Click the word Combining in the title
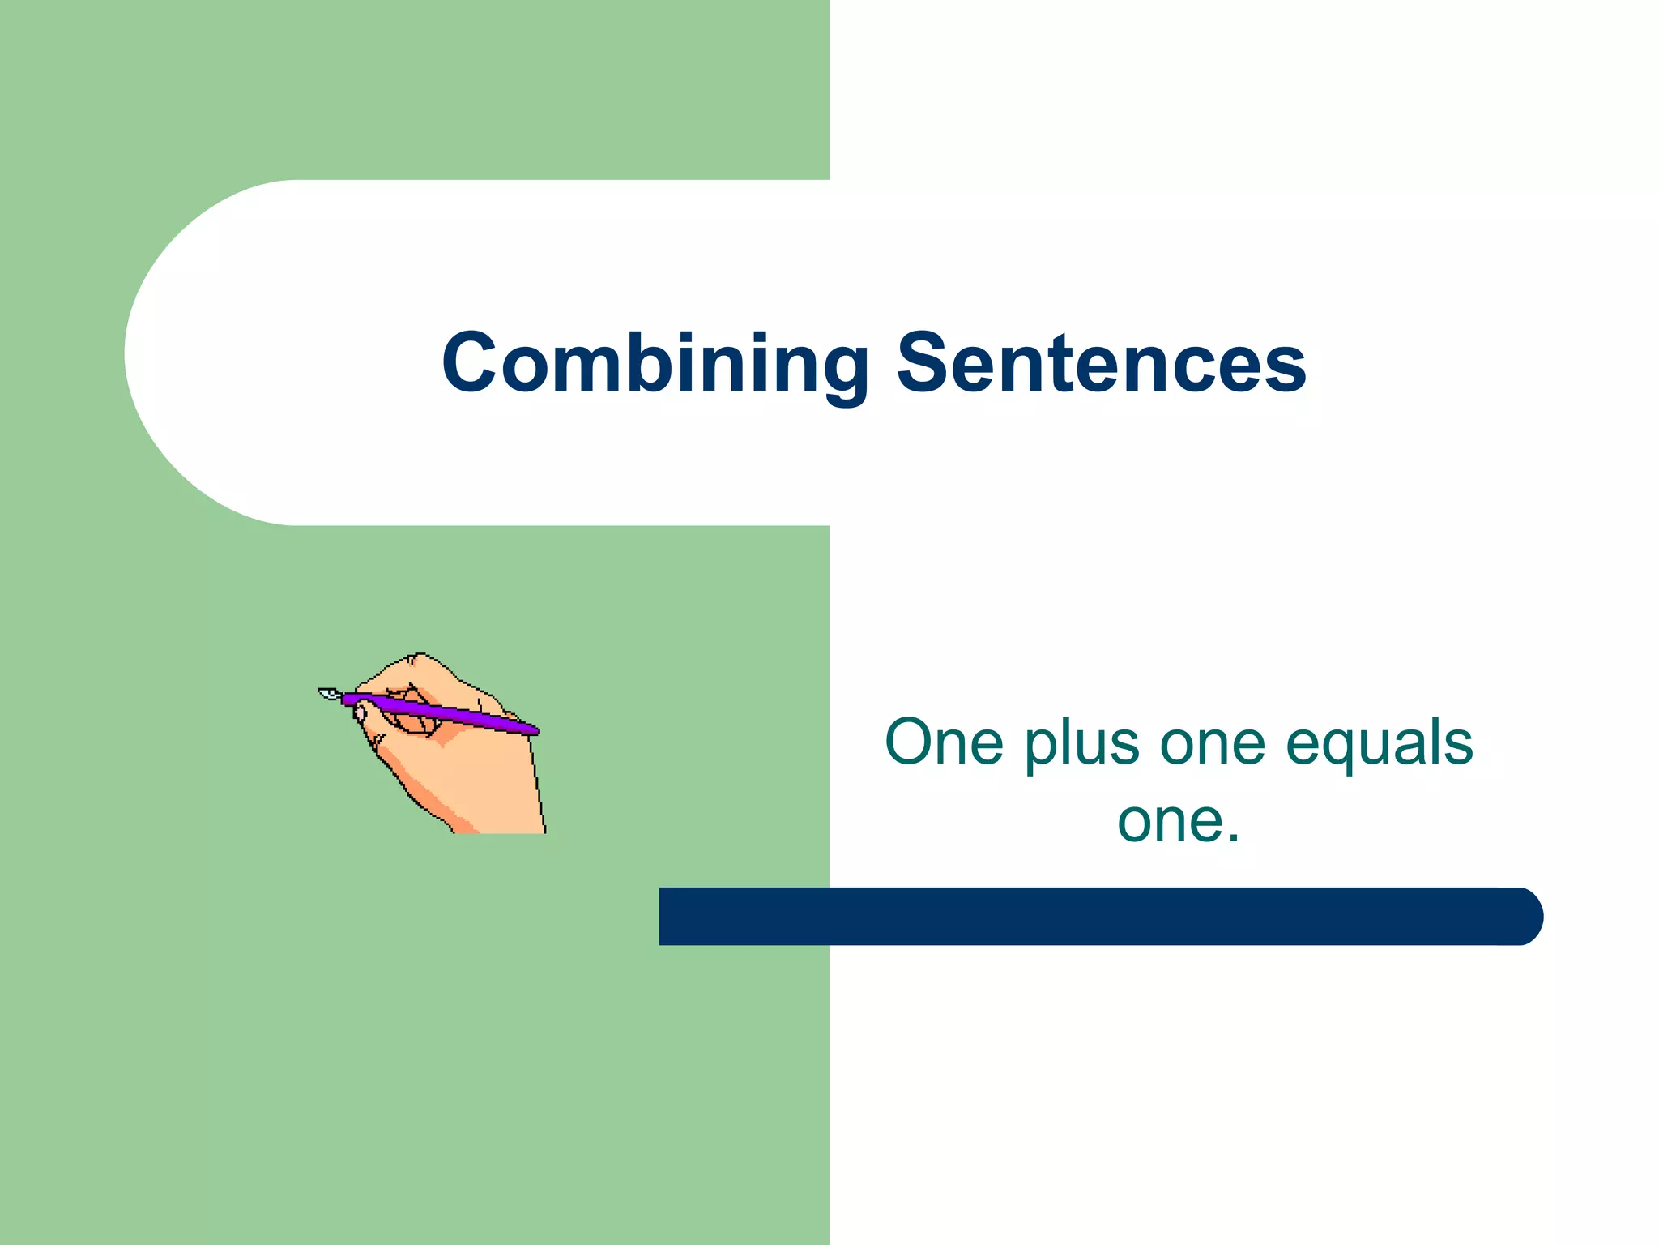655,365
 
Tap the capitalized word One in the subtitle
945,742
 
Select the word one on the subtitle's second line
1166,821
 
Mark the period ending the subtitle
1233,840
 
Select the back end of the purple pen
531,730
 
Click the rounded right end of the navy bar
1523,916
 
